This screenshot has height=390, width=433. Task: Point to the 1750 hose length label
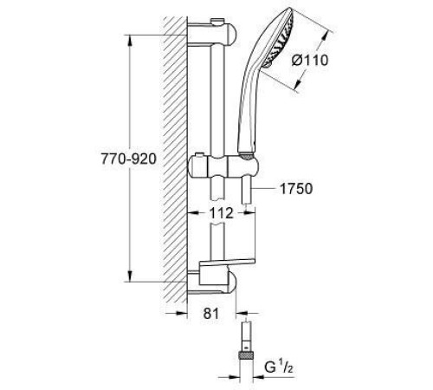tap(294, 186)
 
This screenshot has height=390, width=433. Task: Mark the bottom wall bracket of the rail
tap(216, 279)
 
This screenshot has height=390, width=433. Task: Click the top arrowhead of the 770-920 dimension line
tap(130, 39)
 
